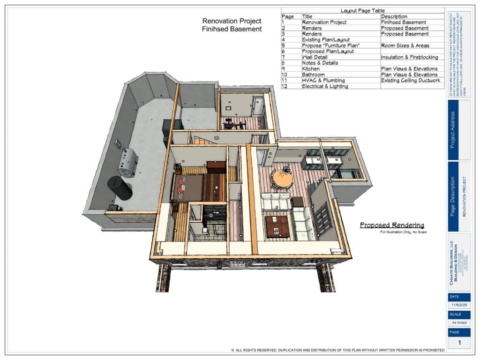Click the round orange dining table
[282, 179]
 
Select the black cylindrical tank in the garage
[120, 188]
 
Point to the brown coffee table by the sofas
[277, 226]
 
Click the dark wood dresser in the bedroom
[217, 167]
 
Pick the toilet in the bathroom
[205, 230]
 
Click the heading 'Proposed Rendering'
[392, 225]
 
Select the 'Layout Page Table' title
[362, 10]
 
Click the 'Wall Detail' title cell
[315, 57]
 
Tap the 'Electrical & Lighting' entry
[325, 86]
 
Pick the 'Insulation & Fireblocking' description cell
[409, 57]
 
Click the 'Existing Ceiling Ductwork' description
[411, 81]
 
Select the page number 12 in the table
[285, 86]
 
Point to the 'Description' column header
[394, 16]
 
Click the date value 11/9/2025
[459, 305]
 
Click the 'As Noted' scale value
[459, 322]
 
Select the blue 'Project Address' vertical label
[453, 130]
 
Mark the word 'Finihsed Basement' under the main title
[232, 29]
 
